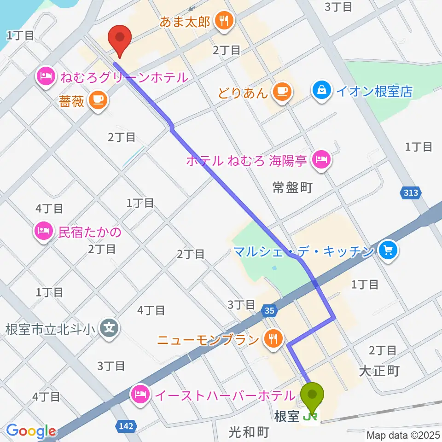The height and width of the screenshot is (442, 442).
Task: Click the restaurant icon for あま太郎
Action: click(x=224, y=21)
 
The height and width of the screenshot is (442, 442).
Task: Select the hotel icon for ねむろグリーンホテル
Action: click(x=46, y=76)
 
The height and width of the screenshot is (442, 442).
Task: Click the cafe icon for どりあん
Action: click(x=281, y=92)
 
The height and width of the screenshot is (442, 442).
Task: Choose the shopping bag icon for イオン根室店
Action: click(x=320, y=90)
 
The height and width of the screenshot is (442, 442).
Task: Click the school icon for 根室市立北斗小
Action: click(x=110, y=329)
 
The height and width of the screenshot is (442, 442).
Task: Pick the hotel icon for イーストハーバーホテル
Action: click(x=141, y=395)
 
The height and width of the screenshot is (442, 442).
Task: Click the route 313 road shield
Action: click(x=409, y=193)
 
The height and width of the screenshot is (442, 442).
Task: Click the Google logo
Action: click(x=31, y=430)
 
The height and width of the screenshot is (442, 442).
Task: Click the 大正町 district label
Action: click(x=380, y=371)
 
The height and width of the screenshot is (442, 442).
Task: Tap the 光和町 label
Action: click(x=249, y=431)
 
